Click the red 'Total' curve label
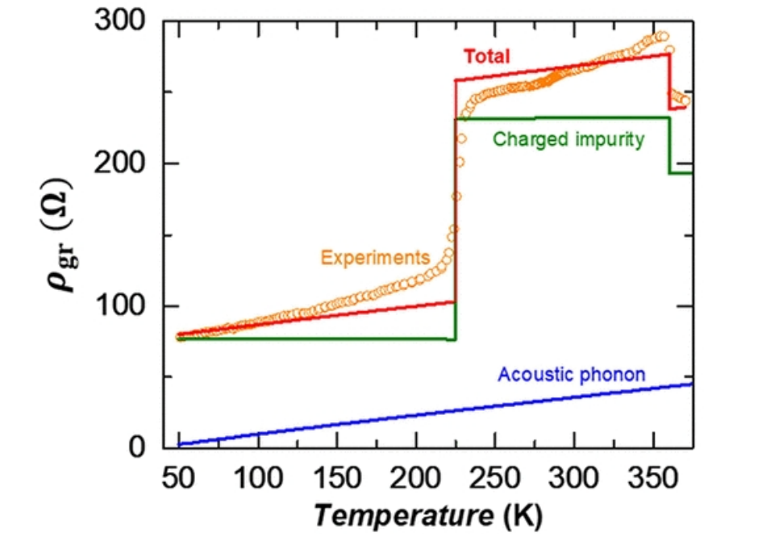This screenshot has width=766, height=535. tap(486, 56)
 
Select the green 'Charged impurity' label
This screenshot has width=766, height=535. tap(568, 139)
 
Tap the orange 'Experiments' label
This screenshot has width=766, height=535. tap(375, 258)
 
